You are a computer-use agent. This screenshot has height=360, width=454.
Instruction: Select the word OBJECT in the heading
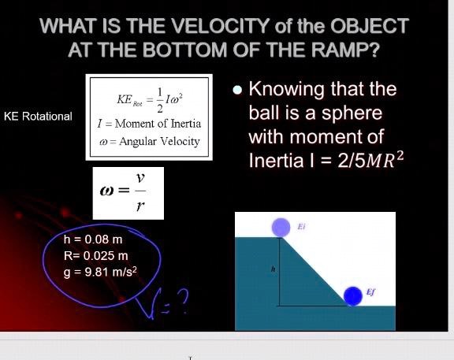(367, 25)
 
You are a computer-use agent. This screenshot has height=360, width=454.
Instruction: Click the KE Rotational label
(38, 117)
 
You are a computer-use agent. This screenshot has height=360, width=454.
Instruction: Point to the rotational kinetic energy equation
(150, 98)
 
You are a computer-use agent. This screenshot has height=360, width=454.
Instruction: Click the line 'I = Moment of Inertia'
(149, 124)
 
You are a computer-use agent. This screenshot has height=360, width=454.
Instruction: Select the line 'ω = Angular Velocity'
(150, 142)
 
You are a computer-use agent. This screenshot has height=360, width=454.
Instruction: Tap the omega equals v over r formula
(127, 193)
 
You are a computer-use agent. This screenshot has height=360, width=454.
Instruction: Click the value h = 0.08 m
(94, 239)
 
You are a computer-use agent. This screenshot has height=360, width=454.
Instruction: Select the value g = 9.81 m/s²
(101, 272)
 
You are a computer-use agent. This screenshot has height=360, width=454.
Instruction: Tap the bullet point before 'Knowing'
(236, 89)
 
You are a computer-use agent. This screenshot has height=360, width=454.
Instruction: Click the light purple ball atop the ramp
(282, 227)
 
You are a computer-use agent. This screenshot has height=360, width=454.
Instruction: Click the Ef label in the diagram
(370, 292)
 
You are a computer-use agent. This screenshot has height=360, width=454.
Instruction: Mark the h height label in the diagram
(272, 269)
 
